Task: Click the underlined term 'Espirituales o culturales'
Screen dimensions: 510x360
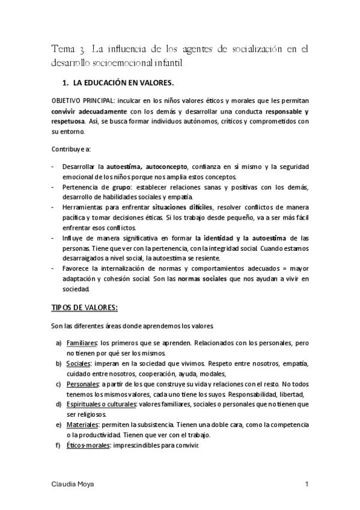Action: [x=102, y=404]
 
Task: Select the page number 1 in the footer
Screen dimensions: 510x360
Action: [x=307, y=484]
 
